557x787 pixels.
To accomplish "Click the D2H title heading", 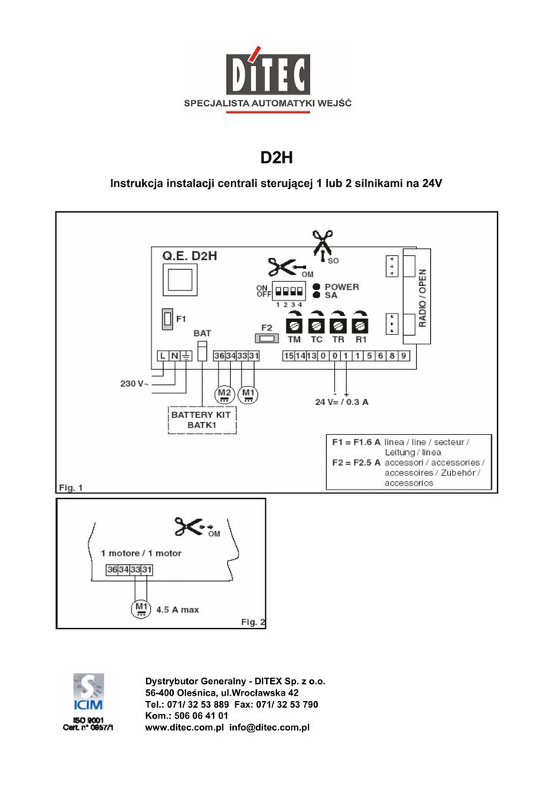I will click(x=277, y=159).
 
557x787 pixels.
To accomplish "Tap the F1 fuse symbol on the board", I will click(x=167, y=317).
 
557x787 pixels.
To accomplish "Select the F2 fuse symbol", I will click(x=266, y=337).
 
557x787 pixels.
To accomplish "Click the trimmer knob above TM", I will click(x=294, y=324).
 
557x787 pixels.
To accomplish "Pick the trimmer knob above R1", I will click(x=360, y=324).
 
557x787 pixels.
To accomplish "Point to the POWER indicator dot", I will click(x=317, y=286).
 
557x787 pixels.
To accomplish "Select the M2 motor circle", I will click(x=225, y=394).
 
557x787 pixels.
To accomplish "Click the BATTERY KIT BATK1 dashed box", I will click(x=202, y=419).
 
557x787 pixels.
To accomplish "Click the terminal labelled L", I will click(x=162, y=356).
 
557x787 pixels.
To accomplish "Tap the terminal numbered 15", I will click(x=289, y=356).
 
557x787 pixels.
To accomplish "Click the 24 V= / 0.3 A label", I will click(x=342, y=401).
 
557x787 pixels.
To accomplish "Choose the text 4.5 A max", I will click(x=178, y=609).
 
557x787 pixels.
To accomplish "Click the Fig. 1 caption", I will click(x=71, y=486).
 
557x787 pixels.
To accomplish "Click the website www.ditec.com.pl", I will click(x=184, y=727).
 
